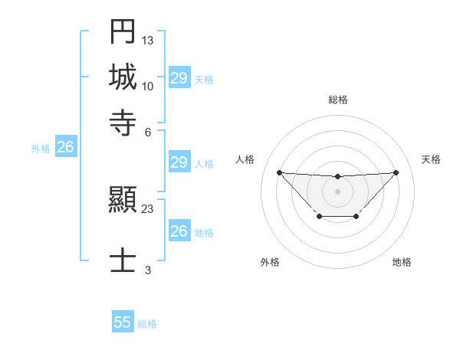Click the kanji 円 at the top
(x=123, y=33)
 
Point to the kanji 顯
(x=123, y=201)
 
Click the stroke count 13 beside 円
(x=148, y=39)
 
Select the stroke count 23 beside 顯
(x=148, y=208)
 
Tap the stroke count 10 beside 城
(x=148, y=85)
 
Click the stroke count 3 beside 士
(x=148, y=269)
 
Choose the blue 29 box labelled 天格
(x=179, y=78)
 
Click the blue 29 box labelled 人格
(x=179, y=162)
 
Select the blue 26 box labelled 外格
(x=65, y=148)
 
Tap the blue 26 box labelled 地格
(x=179, y=231)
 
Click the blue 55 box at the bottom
(x=123, y=322)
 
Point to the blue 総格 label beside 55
(x=147, y=324)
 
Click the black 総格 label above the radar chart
(x=337, y=100)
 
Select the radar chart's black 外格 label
(x=270, y=262)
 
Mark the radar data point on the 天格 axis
(x=396, y=172)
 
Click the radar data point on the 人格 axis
(x=279, y=172)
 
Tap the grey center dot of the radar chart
(x=337, y=191)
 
